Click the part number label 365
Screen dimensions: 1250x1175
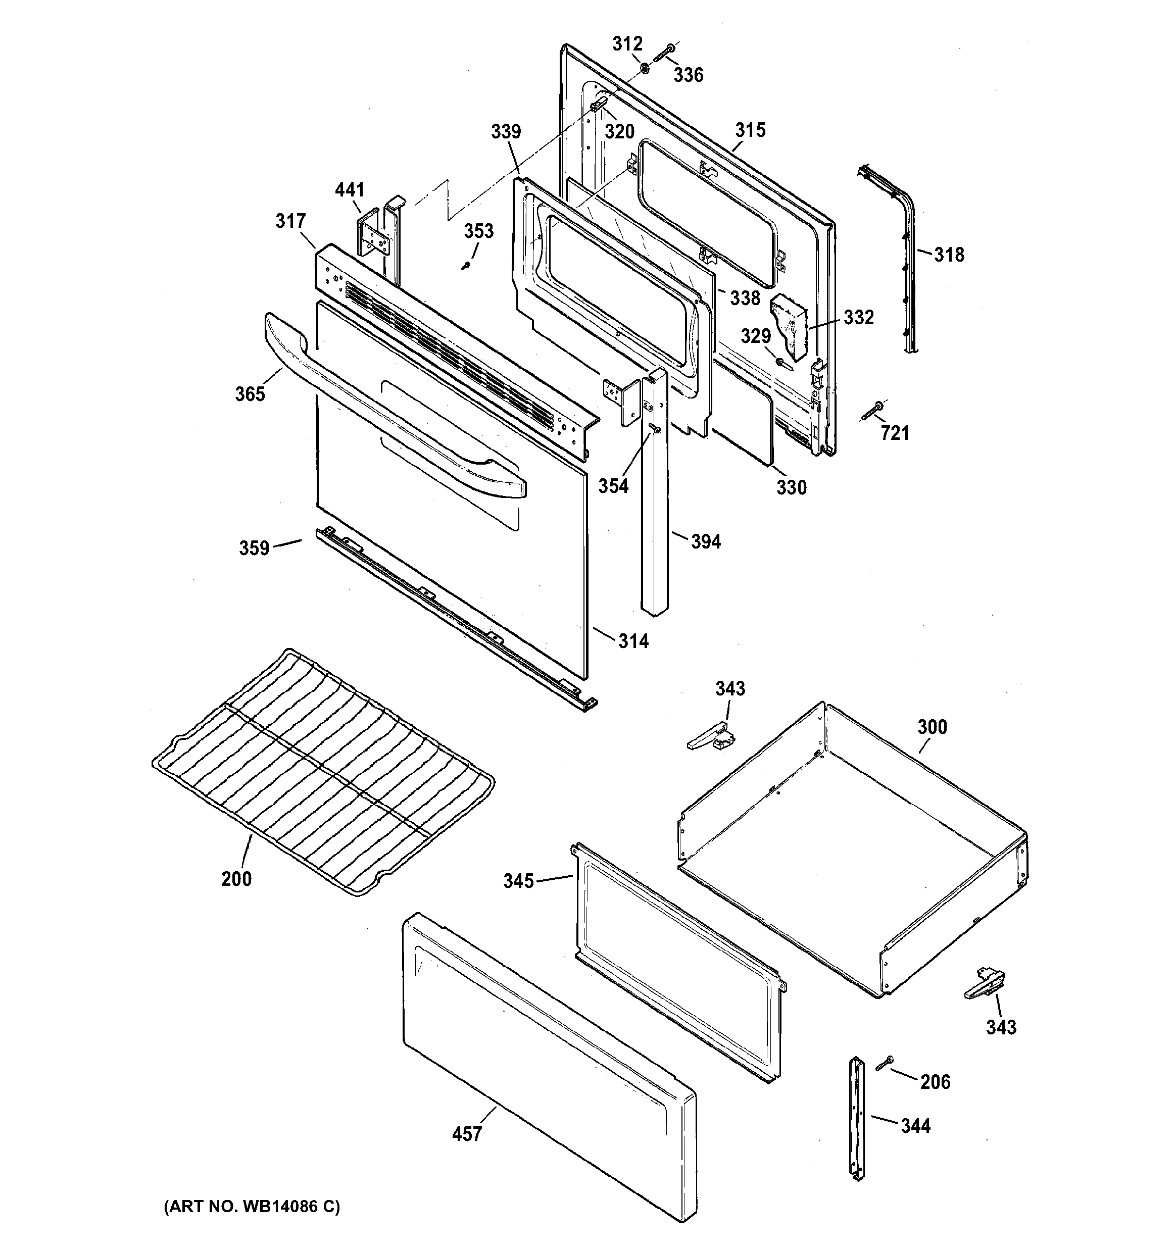[250, 394]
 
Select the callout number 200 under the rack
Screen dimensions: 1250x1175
[236, 878]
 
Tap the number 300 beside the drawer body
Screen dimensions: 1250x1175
[932, 727]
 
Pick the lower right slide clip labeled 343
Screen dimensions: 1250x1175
[985, 984]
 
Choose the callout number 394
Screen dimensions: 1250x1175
[706, 541]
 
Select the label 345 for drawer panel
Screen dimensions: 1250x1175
[518, 881]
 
